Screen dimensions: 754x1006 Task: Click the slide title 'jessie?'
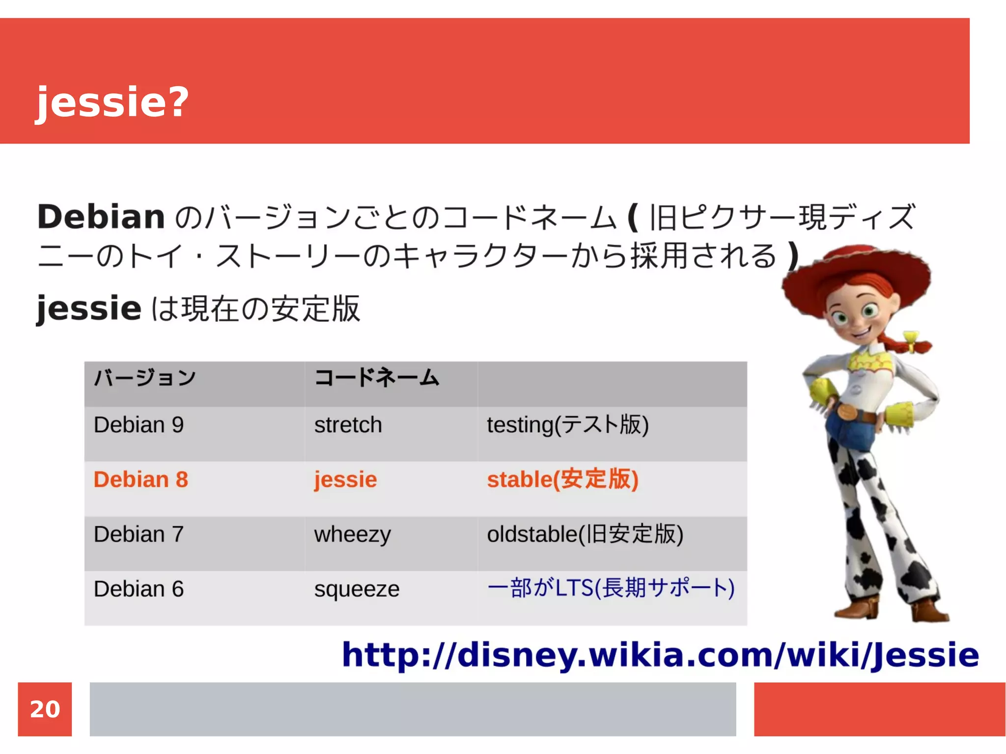tap(112, 102)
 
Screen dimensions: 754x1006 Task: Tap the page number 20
tap(45, 709)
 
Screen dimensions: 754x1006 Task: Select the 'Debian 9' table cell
tap(139, 425)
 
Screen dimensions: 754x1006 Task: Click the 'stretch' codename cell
tap(348, 425)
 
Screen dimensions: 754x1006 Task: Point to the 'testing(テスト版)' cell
tap(567, 425)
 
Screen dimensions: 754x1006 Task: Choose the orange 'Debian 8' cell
tap(140, 479)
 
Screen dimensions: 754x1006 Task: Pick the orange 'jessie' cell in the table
tap(345, 479)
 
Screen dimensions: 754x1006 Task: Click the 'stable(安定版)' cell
tap(562, 479)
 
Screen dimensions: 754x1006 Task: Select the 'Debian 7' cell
tap(139, 534)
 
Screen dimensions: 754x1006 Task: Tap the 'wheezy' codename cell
tap(352, 534)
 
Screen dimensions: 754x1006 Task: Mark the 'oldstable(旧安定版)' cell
tap(585, 534)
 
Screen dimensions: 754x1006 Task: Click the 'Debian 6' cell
tap(139, 589)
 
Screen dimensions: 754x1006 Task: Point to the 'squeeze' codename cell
tap(357, 589)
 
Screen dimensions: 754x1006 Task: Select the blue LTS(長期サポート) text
tap(611, 588)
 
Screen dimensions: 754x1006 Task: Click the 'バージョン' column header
tap(145, 378)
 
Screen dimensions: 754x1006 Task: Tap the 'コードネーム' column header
tap(376, 378)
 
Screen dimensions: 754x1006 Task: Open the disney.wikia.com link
tap(660, 655)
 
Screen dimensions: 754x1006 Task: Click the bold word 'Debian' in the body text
tap(101, 217)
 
